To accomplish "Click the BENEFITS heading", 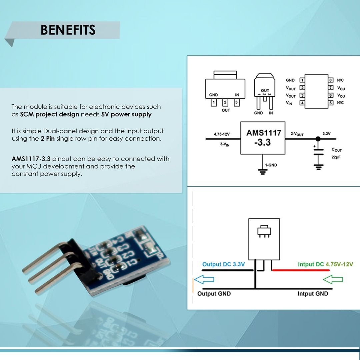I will pyautogui.click(x=68, y=30).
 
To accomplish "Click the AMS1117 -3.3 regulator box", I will pyautogui.click(x=263, y=138).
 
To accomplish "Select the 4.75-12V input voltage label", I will pyautogui.click(x=222, y=134).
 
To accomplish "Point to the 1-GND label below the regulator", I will pyautogui.click(x=271, y=165).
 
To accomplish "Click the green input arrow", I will pyautogui.click(x=333, y=279).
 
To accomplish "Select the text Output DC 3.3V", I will pyautogui.click(x=223, y=264).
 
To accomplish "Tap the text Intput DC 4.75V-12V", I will pyautogui.click(x=325, y=264).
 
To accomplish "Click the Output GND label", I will pyautogui.click(x=214, y=294).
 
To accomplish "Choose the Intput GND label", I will pyautogui.click(x=313, y=294).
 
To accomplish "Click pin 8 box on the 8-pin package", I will pyautogui.click(x=331, y=80).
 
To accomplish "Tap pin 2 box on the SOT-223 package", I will pyautogui.click(x=225, y=102).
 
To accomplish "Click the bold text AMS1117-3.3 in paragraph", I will pyautogui.click(x=31, y=159).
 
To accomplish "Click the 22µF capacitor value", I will pyautogui.click(x=336, y=157).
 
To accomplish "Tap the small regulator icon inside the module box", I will pyautogui.click(x=264, y=231).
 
